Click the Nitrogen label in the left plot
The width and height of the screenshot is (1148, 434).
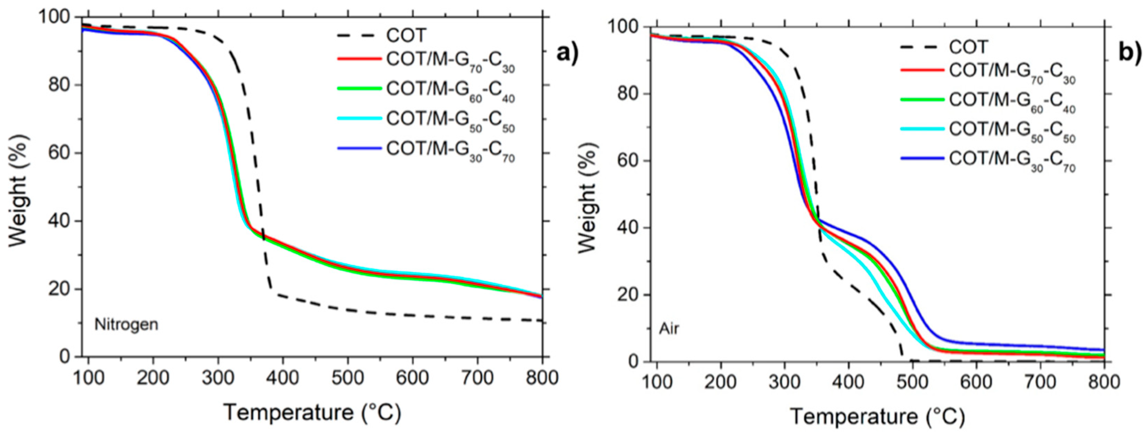click(126, 324)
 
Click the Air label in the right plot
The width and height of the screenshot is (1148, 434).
click(669, 329)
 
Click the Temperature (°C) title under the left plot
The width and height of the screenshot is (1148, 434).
click(312, 412)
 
